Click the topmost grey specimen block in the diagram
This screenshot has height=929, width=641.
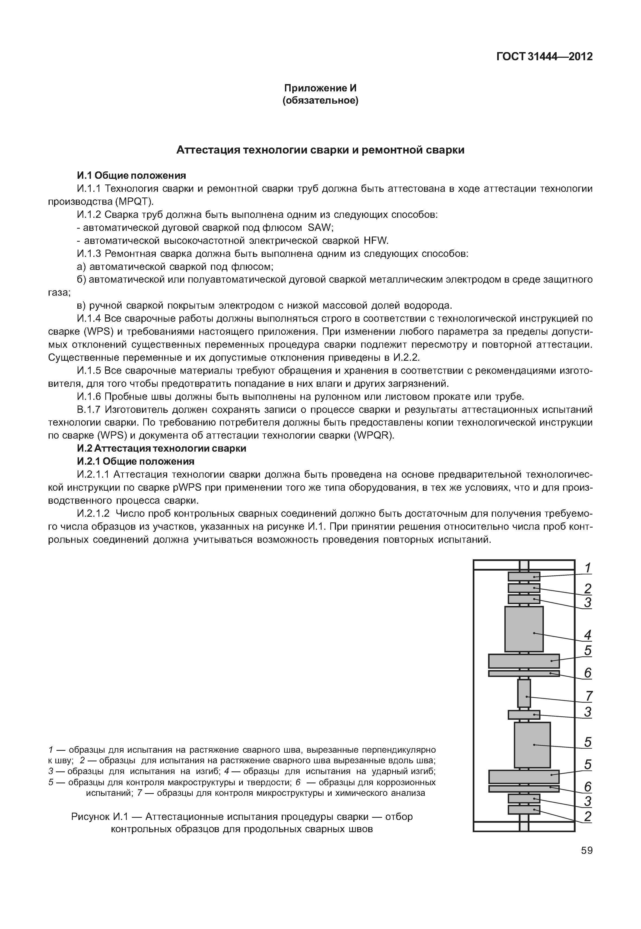pyautogui.click(x=524, y=576)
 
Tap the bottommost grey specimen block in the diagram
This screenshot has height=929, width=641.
pyautogui.click(x=524, y=809)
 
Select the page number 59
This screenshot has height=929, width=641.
pyautogui.click(x=586, y=850)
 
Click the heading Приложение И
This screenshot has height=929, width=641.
pyautogui.click(x=320, y=88)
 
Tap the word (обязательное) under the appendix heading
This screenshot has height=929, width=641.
pyautogui.click(x=320, y=100)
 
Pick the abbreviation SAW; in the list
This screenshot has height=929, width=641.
pyautogui.click(x=320, y=228)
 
